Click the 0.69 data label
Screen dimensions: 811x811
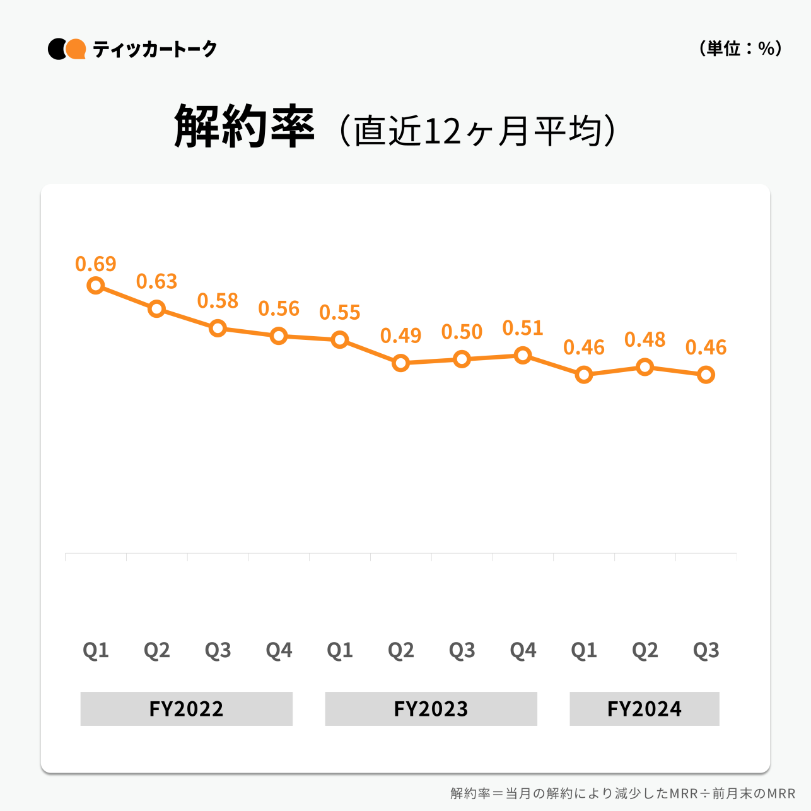tap(96, 264)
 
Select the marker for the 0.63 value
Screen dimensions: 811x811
tap(157, 309)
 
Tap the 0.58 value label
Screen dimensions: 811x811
tap(218, 301)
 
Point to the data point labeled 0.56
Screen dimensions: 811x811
tap(279, 336)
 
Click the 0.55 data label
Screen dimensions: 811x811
tap(340, 312)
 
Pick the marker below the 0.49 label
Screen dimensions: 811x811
tap(401, 363)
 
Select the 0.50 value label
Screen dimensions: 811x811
tap(462, 332)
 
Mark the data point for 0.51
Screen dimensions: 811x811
tap(523, 356)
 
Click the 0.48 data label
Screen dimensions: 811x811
tap(645, 340)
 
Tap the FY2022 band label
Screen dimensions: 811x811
tap(187, 709)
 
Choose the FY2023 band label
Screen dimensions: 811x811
tap(431, 709)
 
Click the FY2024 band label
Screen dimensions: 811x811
tap(645, 709)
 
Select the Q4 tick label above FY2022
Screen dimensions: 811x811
tap(279, 650)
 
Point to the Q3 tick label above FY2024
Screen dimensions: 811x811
tap(706, 650)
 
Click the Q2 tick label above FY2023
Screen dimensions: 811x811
tap(401, 650)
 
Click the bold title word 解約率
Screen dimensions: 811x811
tap(244, 127)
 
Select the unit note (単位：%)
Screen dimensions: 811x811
tap(740, 49)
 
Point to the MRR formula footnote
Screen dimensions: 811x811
tap(622, 793)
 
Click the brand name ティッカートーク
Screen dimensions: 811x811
tap(155, 49)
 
